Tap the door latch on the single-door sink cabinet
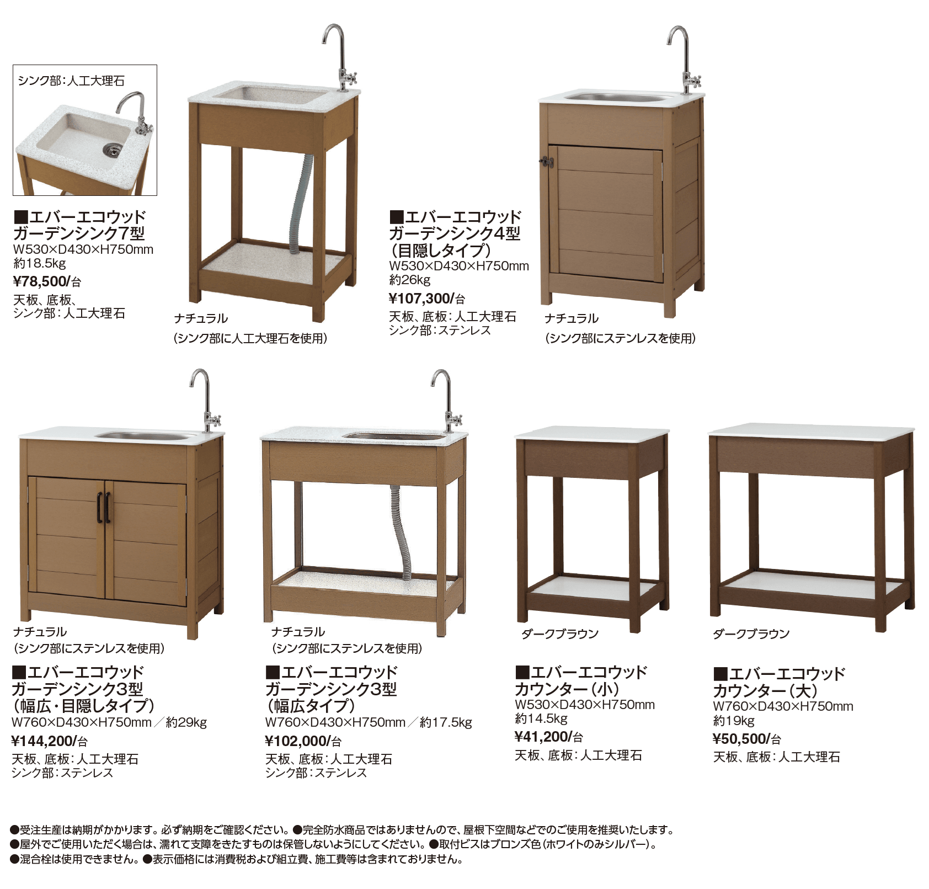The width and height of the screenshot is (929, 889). coord(546,162)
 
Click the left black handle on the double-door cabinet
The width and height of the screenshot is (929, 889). coord(100,507)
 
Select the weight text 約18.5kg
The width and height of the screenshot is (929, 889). coord(39,263)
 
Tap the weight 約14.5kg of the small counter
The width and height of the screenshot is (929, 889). coord(541,718)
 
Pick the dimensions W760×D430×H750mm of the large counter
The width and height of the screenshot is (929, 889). coord(782,706)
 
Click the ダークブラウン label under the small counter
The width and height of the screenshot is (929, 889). coord(559,634)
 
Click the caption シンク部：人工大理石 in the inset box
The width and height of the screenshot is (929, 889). coord(71,81)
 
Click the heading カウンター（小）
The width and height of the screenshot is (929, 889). coord(566,689)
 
